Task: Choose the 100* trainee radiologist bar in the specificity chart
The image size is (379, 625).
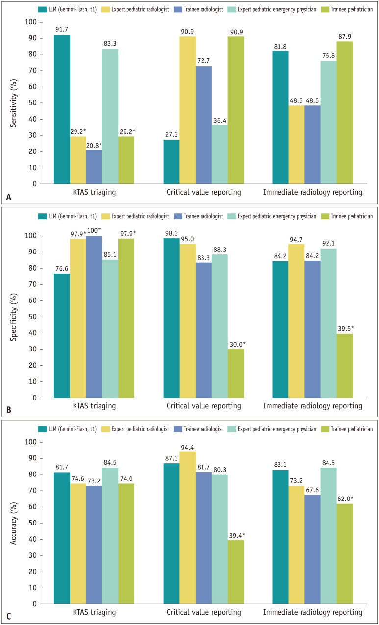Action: click(94, 317)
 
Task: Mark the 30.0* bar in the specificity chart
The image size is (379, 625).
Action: click(236, 374)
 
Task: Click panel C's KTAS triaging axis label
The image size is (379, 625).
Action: click(94, 612)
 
